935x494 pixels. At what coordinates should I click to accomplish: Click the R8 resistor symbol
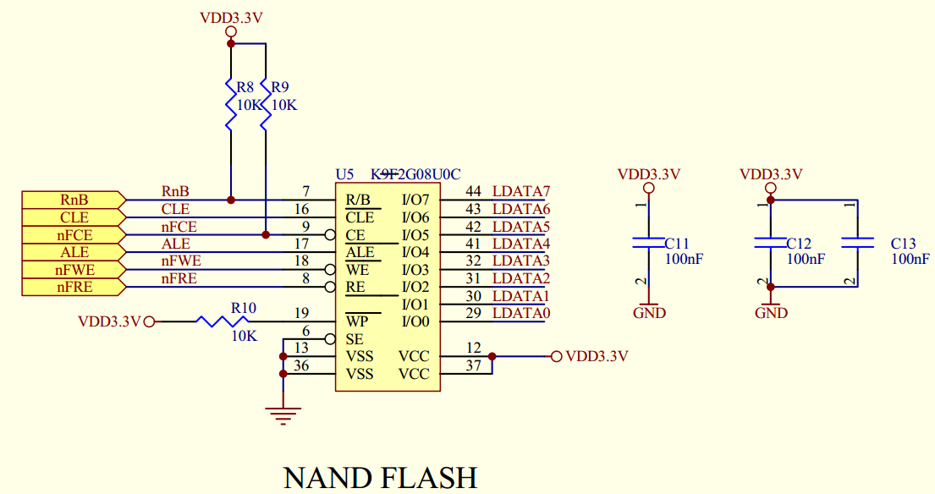(x=230, y=103)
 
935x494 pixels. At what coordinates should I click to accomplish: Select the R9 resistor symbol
(x=266, y=103)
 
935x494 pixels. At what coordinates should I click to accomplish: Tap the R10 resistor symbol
(x=218, y=321)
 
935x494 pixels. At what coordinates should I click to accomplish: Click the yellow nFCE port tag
(x=74, y=235)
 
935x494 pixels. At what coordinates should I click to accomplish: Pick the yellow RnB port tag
(x=74, y=200)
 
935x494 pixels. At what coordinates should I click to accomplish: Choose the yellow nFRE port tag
(x=74, y=288)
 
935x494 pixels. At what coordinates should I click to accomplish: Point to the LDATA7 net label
(x=521, y=191)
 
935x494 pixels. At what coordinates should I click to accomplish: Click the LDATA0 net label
(x=521, y=314)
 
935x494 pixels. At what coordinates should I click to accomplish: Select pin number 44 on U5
(x=473, y=191)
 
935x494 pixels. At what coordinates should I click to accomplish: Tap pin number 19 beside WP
(x=302, y=313)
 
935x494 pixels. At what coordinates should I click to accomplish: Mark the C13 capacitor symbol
(x=857, y=243)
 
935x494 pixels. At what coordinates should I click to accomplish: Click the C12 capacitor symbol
(x=770, y=243)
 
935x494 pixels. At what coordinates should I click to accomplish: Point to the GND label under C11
(x=649, y=313)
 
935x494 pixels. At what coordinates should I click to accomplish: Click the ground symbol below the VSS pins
(x=283, y=414)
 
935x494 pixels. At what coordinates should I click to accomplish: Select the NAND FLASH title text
(x=380, y=477)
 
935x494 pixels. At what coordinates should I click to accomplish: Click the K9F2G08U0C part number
(x=415, y=174)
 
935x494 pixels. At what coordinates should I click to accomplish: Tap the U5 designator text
(x=344, y=174)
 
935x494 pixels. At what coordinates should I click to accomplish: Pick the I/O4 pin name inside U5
(x=415, y=252)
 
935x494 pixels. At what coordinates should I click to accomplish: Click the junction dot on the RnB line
(x=230, y=200)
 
